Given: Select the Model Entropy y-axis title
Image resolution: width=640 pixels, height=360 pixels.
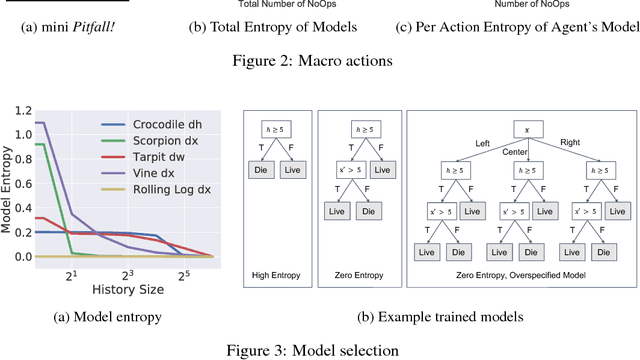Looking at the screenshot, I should tap(9, 184).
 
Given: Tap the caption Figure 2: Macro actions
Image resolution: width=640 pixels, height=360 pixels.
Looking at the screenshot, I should tap(319, 60).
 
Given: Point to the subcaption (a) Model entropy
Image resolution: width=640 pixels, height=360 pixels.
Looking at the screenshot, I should tap(121, 318).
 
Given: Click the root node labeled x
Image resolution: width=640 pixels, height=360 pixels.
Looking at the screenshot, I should tap(513, 128).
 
